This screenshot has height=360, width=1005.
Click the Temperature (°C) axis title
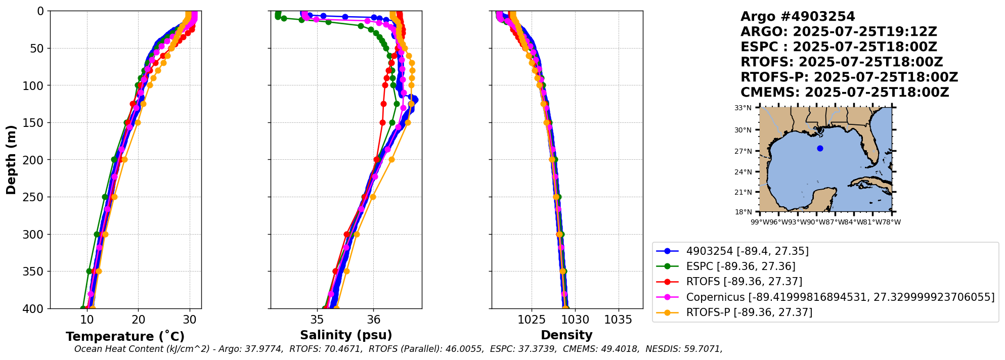[x=125, y=337]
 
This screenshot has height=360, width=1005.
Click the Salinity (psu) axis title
[x=346, y=335]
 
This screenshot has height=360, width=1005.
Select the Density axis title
[x=566, y=335]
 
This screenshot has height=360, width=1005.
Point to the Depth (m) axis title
[x=11, y=160]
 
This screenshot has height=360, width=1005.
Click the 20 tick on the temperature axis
[x=138, y=320]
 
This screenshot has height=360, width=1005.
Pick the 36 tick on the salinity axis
[x=373, y=320]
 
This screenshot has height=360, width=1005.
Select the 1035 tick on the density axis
[x=618, y=320]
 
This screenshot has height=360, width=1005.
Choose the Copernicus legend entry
[x=840, y=297]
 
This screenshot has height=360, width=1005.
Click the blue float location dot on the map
[x=820, y=148]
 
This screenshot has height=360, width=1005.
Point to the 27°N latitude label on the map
[x=743, y=151]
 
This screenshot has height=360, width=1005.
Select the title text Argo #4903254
[x=798, y=17]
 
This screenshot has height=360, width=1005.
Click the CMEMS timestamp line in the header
[x=845, y=93]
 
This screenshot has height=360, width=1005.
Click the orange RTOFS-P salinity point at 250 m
[x=373, y=197]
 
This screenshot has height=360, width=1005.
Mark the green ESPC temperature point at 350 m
[x=90, y=271]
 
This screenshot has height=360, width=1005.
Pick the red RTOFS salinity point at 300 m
[x=346, y=234]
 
